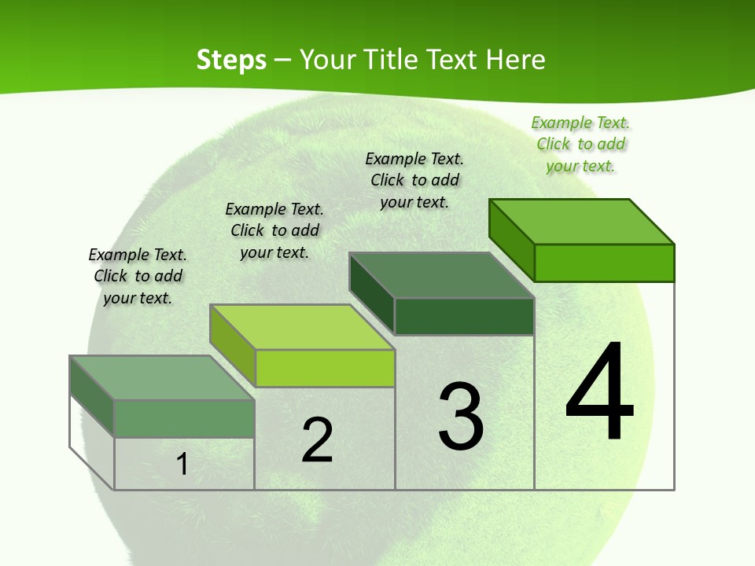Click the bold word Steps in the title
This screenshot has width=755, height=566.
coord(231,60)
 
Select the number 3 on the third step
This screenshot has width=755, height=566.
coord(461,417)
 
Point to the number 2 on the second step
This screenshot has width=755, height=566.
coord(317,440)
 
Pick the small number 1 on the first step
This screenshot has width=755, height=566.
coord(182,464)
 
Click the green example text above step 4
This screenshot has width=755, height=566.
coord(580,144)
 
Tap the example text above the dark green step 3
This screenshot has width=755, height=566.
coord(414,180)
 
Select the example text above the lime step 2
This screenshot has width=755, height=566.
coord(274,230)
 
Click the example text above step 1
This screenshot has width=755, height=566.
coord(138,276)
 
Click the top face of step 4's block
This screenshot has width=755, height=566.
coord(582,221)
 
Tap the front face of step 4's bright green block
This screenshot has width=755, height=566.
coord(604,263)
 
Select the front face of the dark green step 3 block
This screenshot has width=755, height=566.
coord(464,316)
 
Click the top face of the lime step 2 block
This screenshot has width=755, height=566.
coord(302,327)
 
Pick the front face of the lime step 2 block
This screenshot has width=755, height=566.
coord(325,368)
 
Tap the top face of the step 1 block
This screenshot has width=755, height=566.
coord(162,377)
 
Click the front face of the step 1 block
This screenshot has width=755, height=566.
coord(184,418)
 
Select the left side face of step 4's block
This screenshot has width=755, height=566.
coord(512,239)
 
